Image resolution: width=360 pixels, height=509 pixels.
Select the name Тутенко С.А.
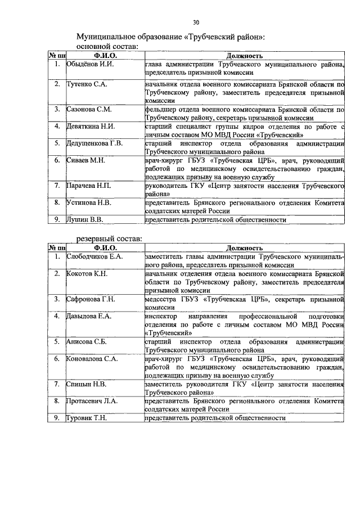coord(87,84)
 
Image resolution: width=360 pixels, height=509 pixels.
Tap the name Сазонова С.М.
coord(89,109)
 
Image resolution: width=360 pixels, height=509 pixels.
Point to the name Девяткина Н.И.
coord(91,126)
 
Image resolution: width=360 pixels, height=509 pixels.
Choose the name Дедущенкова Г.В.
coord(94,143)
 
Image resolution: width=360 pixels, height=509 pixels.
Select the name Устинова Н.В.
coord(89,202)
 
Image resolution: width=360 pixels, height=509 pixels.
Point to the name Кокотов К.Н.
coord(87,273)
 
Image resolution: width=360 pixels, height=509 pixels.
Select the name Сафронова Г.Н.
coord(91,299)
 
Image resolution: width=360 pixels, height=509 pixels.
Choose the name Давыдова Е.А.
coord(88,316)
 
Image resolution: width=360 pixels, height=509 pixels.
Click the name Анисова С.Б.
coord(86,341)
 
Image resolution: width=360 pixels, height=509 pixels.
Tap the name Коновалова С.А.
coord(92,358)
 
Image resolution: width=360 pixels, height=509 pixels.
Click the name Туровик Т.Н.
coord(87,418)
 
